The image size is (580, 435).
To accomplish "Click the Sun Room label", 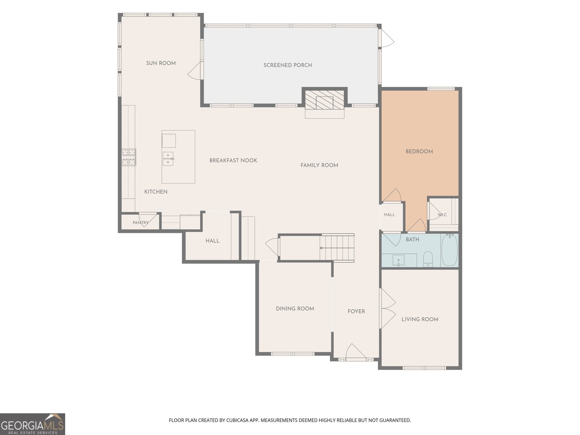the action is coord(161,63).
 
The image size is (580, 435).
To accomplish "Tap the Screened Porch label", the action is coord(287,65).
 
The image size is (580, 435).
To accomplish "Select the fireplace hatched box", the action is coord(325,100).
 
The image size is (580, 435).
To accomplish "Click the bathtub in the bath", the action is coord(449,250).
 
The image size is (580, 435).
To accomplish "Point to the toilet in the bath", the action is coord(428,259).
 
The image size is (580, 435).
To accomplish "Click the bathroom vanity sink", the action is coord(398,260).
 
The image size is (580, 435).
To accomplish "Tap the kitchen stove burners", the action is coord(129,157).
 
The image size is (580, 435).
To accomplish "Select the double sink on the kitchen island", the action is coord(168,159).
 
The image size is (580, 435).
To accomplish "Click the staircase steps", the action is coord(337,248).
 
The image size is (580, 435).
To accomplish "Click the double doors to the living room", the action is coord(388,308).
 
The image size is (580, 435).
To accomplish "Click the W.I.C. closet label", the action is coord(442,215).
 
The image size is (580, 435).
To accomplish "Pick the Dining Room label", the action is coord(295,308).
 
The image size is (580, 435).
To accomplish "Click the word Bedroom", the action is coord(419,151).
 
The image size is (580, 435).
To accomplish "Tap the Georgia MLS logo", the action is coord(33,424).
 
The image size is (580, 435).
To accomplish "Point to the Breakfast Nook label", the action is coord(233,160).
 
